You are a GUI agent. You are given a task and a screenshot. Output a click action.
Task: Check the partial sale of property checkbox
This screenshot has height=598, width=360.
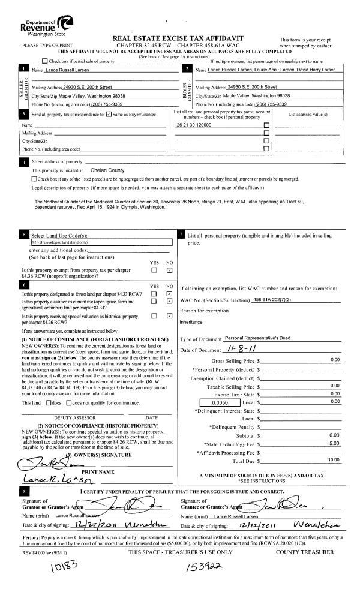[45, 61]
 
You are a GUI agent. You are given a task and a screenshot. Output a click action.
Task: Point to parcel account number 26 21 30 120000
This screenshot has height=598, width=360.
[194, 125]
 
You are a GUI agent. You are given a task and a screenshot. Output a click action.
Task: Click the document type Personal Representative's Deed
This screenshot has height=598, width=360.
[256, 339]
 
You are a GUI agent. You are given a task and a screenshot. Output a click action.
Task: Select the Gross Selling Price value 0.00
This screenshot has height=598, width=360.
[334, 360]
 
